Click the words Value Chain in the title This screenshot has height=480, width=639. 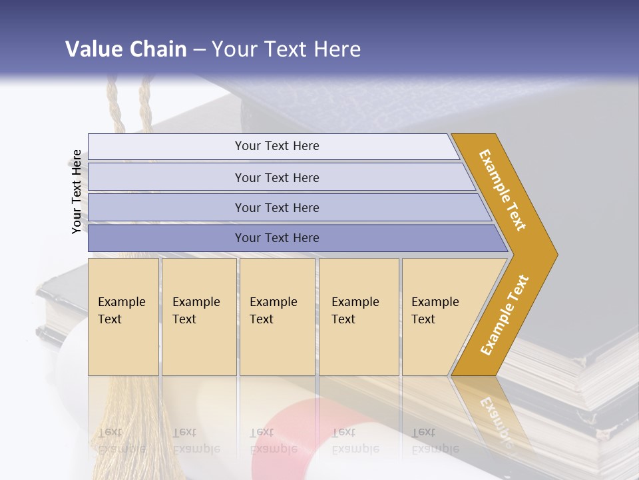126,49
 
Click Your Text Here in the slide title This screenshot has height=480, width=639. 286,49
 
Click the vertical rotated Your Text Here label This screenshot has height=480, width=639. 77,192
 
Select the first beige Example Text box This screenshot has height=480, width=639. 123,317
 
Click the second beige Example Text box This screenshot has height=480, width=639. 198,317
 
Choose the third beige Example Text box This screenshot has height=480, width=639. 277,317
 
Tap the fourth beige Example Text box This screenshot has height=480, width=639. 359,317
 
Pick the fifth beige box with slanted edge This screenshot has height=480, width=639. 439,317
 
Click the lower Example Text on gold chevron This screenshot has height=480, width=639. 505,315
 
